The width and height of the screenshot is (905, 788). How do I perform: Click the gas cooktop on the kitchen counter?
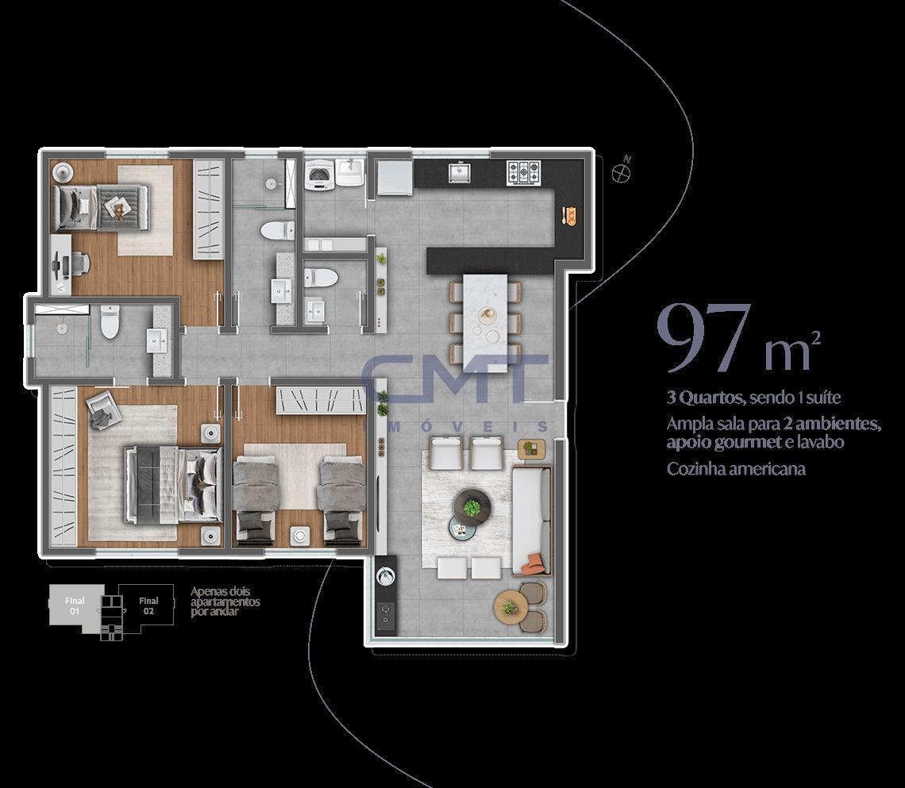(523, 172)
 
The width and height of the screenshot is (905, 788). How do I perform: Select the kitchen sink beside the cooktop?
(460, 172)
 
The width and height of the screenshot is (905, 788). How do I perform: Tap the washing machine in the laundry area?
(319, 175)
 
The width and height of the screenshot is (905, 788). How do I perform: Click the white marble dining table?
(485, 322)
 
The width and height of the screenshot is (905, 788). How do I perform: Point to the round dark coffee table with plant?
(472, 508)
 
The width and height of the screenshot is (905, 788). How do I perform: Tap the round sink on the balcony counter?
(385, 575)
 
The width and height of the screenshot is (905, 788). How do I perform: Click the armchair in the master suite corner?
(104, 409)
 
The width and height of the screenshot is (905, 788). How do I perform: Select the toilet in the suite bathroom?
(110, 321)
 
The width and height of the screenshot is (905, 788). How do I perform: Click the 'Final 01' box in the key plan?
(75, 605)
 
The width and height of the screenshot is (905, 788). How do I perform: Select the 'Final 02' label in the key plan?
(148, 605)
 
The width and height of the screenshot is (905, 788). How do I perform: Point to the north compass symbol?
(621, 171)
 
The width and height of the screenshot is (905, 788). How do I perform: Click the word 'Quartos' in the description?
(711, 398)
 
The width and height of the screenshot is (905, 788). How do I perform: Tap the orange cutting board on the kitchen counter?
(569, 216)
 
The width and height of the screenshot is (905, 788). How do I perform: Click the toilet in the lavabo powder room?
(321, 278)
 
